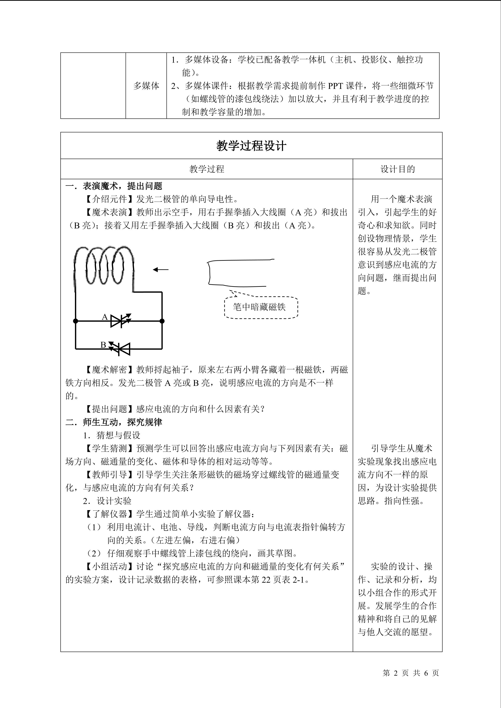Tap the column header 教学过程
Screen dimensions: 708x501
click(206, 169)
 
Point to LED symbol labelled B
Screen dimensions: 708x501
click(120, 349)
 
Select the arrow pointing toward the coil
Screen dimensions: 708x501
click(161, 270)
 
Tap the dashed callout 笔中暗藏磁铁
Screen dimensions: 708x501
click(261, 307)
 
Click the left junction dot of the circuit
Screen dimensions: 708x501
click(76, 321)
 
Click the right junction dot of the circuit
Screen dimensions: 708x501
click(162, 321)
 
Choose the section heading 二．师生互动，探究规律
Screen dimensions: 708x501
click(114, 422)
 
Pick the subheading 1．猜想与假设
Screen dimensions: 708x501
click(112, 435)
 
